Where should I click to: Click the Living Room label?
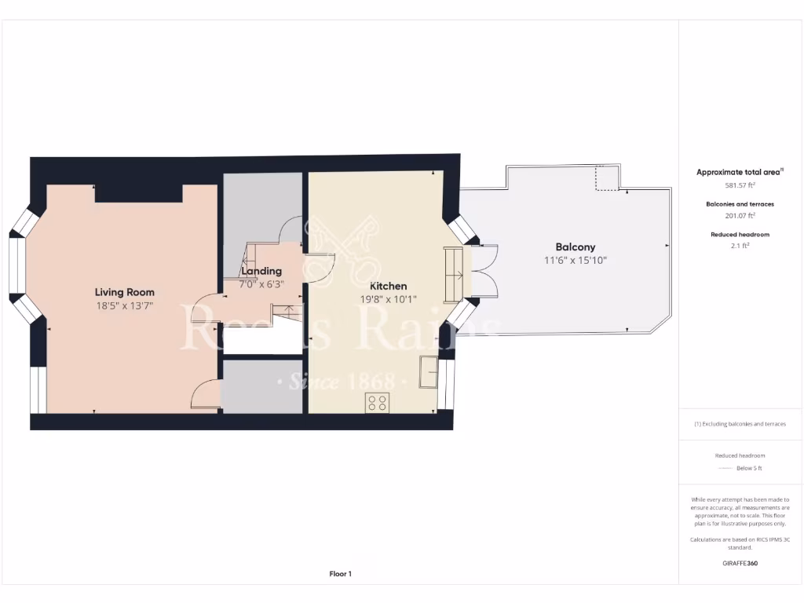pyautogui.click(x=125, y=292)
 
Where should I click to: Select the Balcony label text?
pyautogui.click(x=576, y=247)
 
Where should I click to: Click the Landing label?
pyautogui.click(x=262, y=271)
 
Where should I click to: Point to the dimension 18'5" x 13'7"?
pyautogui.click(x=125, y=306)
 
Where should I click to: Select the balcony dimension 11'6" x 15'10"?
pyautogui.click(x=576, y=260)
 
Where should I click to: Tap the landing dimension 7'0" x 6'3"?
pyautogui.click(x=262, y=284)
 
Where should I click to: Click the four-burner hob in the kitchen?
pyautogui.click(x=378, y=403)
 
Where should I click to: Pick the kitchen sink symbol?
pyautogui.click(x=429, y=371)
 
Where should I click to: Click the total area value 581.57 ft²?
pyautogui.click(x=740, y=185)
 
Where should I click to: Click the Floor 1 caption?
pyautogui.click(x=340, y=574)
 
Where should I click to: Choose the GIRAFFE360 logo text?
pyautogui.click(x=740, y=563)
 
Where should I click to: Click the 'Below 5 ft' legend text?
pyautogui.click(x=749, y=468)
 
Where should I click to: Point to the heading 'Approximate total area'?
pyautogui.click(x=740, y=172)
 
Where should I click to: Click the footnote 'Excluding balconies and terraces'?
pyautogui.click(x=740, y=424)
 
